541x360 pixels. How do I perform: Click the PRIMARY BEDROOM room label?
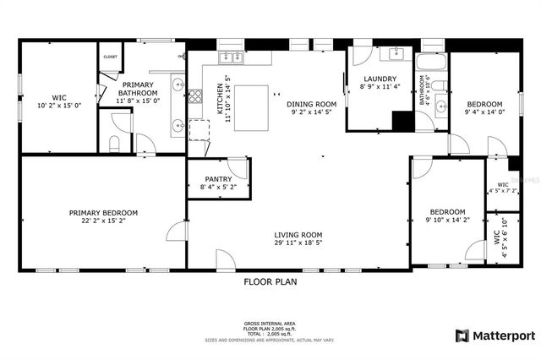pyautogui.click(x=103, y=213)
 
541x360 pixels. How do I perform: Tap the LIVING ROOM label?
pyautogui.click(x=298, y=235)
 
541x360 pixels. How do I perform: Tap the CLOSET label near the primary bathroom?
pyautogui.click(x=110, y=57)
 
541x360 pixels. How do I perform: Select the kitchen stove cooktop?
pyautogui.click(x=195, y=95)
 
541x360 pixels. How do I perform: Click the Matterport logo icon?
pyautogui.click(x=461, y=335)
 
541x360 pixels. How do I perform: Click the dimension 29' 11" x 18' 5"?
pyautogui.click(x=298, y=244)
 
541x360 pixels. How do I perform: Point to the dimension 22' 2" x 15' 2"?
pyautogui.click(x=103, y=221)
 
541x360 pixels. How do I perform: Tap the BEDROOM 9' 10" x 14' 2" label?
pyautogui.click(x=446, y=216)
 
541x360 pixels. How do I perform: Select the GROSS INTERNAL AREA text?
pyautogui.click(x=270, y=324)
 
